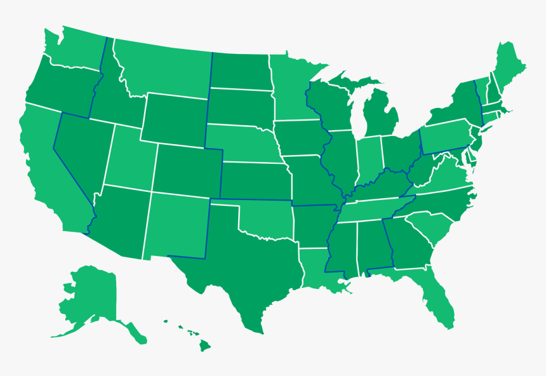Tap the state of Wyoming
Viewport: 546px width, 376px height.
[x=175, y=117]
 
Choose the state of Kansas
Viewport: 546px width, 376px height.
[x=254, y=181]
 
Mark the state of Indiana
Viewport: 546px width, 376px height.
[x=368, y=159]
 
